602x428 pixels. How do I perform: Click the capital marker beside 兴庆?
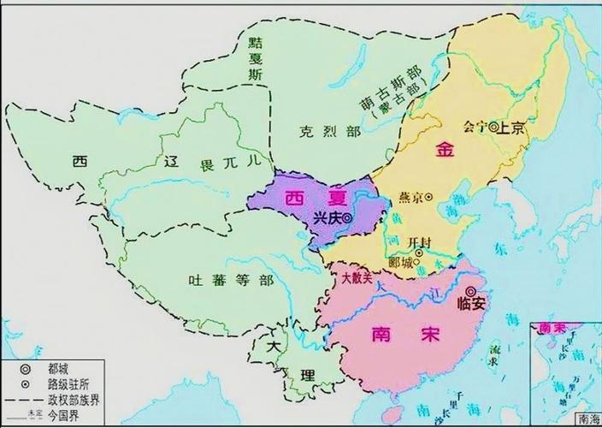(x=347, y=218)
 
